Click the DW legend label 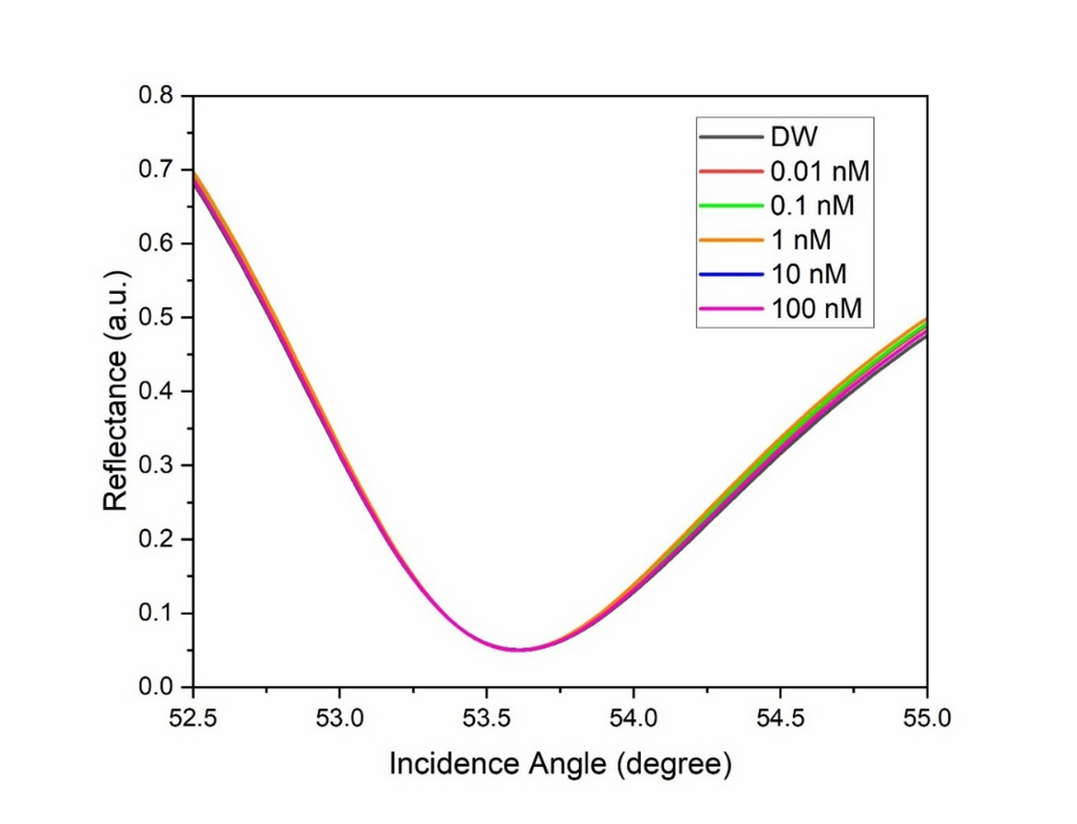(794, 136)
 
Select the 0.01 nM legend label (820, 171)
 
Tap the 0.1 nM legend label (812, 205)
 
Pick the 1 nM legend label (801, 240)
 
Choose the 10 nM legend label (809, 274)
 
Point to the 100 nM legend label (816, 308)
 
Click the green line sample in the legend (731, 205)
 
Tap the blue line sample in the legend (731, 274)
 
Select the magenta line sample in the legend (731, 308)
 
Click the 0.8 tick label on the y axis (156, 95)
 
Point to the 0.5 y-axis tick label (156, 317)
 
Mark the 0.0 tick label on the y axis (156, 686)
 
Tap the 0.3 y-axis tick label (156, 465)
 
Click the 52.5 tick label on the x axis (193, 718)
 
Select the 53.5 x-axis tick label (486, 718)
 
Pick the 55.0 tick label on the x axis (926, 718)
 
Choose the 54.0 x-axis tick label (633, 718)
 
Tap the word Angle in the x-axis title (567, 764)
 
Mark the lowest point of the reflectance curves (521, 649)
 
